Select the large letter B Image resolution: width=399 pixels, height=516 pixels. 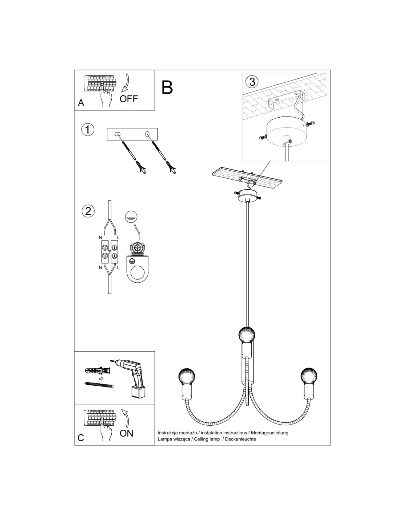point(167,87)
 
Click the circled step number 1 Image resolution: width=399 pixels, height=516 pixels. point(87,130)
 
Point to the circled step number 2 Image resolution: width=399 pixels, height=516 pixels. point(88,211)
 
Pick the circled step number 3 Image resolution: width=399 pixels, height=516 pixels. point(252,82)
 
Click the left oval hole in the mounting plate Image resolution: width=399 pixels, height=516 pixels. point(117,134)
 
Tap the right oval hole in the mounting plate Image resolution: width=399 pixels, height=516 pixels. point(148,134)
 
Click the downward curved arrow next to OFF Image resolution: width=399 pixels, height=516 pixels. point(126,83)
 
